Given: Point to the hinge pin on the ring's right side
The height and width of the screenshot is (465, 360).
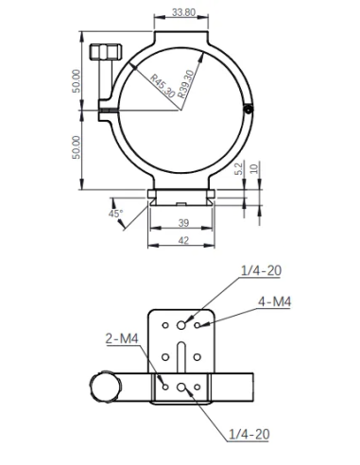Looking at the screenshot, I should tap(248, 110).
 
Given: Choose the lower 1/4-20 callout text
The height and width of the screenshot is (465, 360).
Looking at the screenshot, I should tap(249, 434).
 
